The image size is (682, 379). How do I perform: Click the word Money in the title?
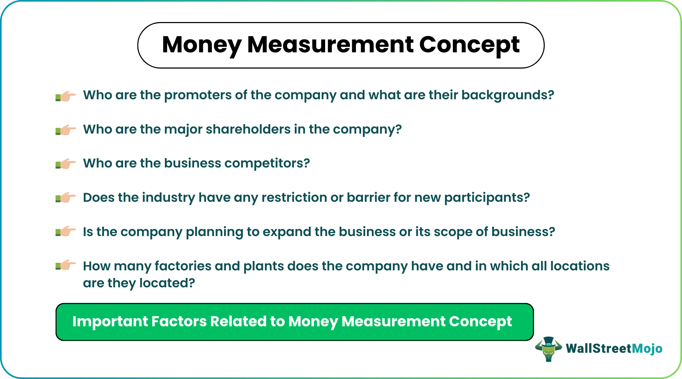pyautogui.click(x=201, y=45)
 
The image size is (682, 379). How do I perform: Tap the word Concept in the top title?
pyautogui.click(x=469, y=45)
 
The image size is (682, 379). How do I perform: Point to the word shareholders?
pyautogui.click(x=248, y=129)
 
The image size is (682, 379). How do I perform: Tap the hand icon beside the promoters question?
pyautogui.click(x=66, y=96)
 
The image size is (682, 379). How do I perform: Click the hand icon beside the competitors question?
pyautogui.click(x=66, y=164)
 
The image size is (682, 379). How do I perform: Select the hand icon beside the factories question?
pyautogui.click(x=66, y=266)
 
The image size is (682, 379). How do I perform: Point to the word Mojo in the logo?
pyautogui.click(x=647, y=349)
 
